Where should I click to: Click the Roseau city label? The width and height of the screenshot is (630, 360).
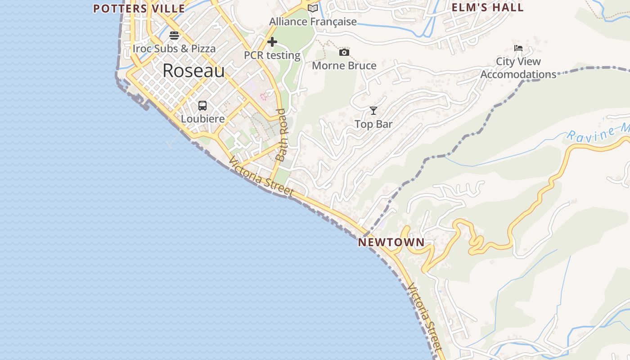tap(193, 71)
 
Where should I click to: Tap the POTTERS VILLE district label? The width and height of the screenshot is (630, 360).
tap(139, 9)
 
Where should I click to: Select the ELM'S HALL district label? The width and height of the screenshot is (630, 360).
tap(488, 8)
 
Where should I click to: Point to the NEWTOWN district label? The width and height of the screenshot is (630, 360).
tap(391, 242)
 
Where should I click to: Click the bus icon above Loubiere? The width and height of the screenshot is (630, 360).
tap(202, 106)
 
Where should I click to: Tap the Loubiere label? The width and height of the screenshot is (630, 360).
tap(202, 119)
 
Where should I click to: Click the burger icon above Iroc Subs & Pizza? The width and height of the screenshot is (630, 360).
tap(174, 36)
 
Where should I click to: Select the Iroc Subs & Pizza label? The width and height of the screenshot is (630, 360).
tap(174, 48)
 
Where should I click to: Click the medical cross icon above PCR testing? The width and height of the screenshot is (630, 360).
tap(272, 42)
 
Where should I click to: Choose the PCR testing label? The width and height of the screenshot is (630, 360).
tap(272, 55)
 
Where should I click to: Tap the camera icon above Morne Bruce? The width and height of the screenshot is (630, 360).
tap(344, 53)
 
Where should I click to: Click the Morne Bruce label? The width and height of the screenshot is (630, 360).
tap(344, 66)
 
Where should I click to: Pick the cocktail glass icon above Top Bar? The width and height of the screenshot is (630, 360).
tap(373, 111)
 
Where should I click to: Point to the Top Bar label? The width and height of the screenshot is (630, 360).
tap(373, 124)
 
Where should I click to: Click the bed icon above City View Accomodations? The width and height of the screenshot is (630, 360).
tap(518, 48)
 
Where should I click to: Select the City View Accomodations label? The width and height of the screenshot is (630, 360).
tap(518, 68)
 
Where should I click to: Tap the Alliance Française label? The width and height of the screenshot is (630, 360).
tap(313, 22)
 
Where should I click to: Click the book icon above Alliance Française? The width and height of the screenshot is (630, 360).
tap(313, 8)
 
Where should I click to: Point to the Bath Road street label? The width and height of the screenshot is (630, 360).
tap(282, 135)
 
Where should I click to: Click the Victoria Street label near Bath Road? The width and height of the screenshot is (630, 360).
tap(261, 176)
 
